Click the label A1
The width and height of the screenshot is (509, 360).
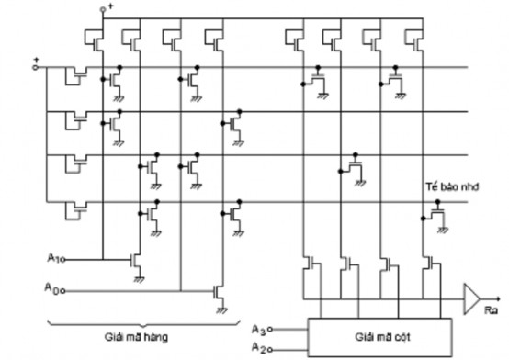(x=52, y=258)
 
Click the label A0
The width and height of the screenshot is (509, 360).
(x=52, y=290)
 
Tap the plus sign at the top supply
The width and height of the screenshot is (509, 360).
(x=110, y=7)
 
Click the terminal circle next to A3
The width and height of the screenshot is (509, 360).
(x=274, y=327)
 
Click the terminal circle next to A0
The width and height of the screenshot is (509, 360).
(x=65, y=291)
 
